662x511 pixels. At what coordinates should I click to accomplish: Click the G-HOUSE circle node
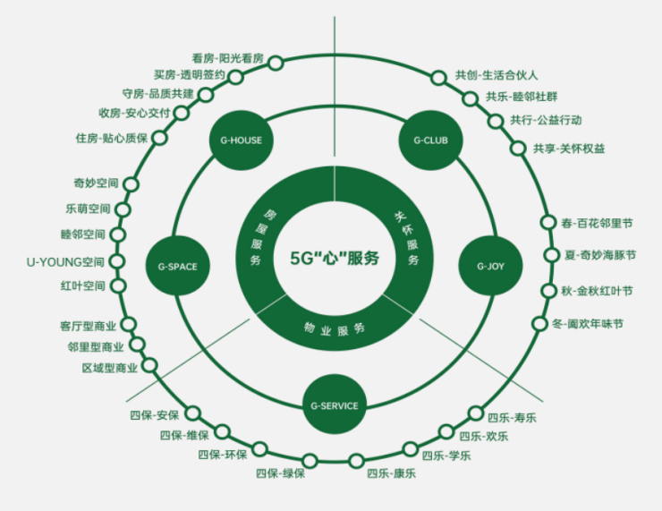241,141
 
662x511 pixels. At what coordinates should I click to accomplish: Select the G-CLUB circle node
430,141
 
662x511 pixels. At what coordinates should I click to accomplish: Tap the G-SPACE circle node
177,267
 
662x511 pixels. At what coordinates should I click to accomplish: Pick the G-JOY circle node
490,266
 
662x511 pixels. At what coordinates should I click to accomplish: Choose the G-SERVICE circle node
335,405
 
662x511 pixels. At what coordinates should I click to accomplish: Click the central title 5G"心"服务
335,258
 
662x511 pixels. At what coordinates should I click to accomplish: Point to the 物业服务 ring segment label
335,329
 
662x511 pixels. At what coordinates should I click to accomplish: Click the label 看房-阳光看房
227,58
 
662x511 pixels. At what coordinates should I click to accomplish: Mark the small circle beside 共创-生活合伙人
439,78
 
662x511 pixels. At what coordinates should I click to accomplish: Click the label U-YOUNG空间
65,262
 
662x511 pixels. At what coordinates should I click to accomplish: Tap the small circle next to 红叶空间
118,285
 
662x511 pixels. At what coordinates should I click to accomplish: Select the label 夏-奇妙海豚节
600,255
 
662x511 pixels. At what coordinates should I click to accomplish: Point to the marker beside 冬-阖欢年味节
539,323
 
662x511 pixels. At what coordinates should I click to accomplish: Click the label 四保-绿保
280,473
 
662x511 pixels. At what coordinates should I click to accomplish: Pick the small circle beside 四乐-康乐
356,461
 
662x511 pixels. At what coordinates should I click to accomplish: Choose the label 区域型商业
110,368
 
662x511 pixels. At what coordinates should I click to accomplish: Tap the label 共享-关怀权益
569,149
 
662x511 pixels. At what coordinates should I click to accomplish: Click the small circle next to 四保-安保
193,413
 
